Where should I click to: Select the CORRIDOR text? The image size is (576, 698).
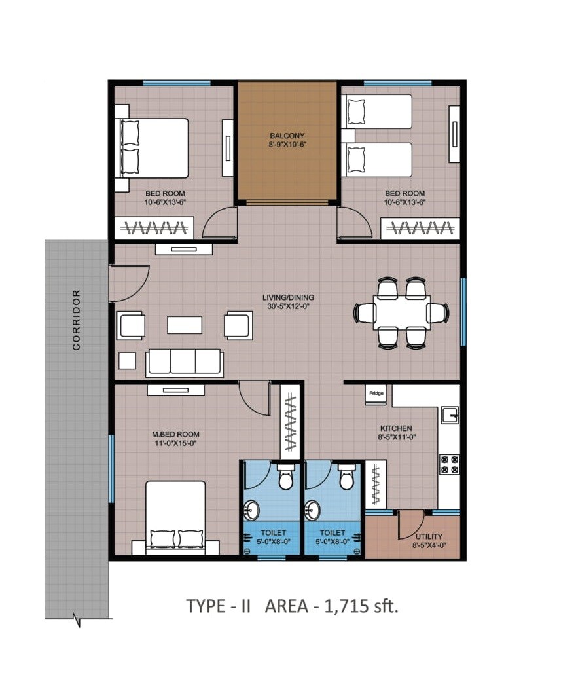[77, 320]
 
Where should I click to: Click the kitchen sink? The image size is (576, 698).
[449, 415]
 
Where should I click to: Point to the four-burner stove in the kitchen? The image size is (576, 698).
[449, 464]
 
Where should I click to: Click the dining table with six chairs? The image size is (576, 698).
[401, 313]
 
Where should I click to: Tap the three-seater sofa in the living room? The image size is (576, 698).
[185, 362]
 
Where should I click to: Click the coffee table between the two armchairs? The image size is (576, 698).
[184, 325]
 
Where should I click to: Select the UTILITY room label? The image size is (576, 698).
[429, 536]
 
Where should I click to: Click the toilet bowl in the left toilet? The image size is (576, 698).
[285, 478]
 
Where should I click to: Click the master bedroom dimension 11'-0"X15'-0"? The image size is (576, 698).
[175, 443]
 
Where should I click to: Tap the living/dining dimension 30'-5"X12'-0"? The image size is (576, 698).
[285, 306]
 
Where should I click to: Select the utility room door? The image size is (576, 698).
[409, 524]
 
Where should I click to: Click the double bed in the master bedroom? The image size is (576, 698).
[175, 517]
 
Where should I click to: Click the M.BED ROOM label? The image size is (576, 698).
[175, 434]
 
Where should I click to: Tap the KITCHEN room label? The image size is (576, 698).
[395, 428]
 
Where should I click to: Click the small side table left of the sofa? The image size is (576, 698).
[127, 361]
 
